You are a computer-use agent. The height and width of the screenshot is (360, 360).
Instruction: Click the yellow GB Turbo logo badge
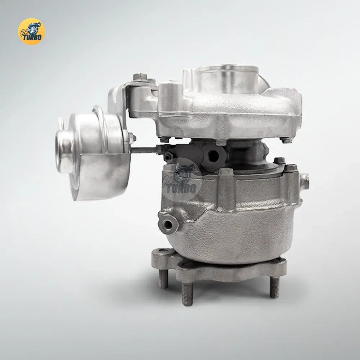pos(31,31)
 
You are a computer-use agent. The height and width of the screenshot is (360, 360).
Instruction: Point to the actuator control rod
pos(145,150)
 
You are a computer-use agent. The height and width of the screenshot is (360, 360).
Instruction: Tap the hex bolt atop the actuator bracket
pos(140,77)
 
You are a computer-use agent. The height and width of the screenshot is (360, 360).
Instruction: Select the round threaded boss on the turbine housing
pos(168,224)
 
